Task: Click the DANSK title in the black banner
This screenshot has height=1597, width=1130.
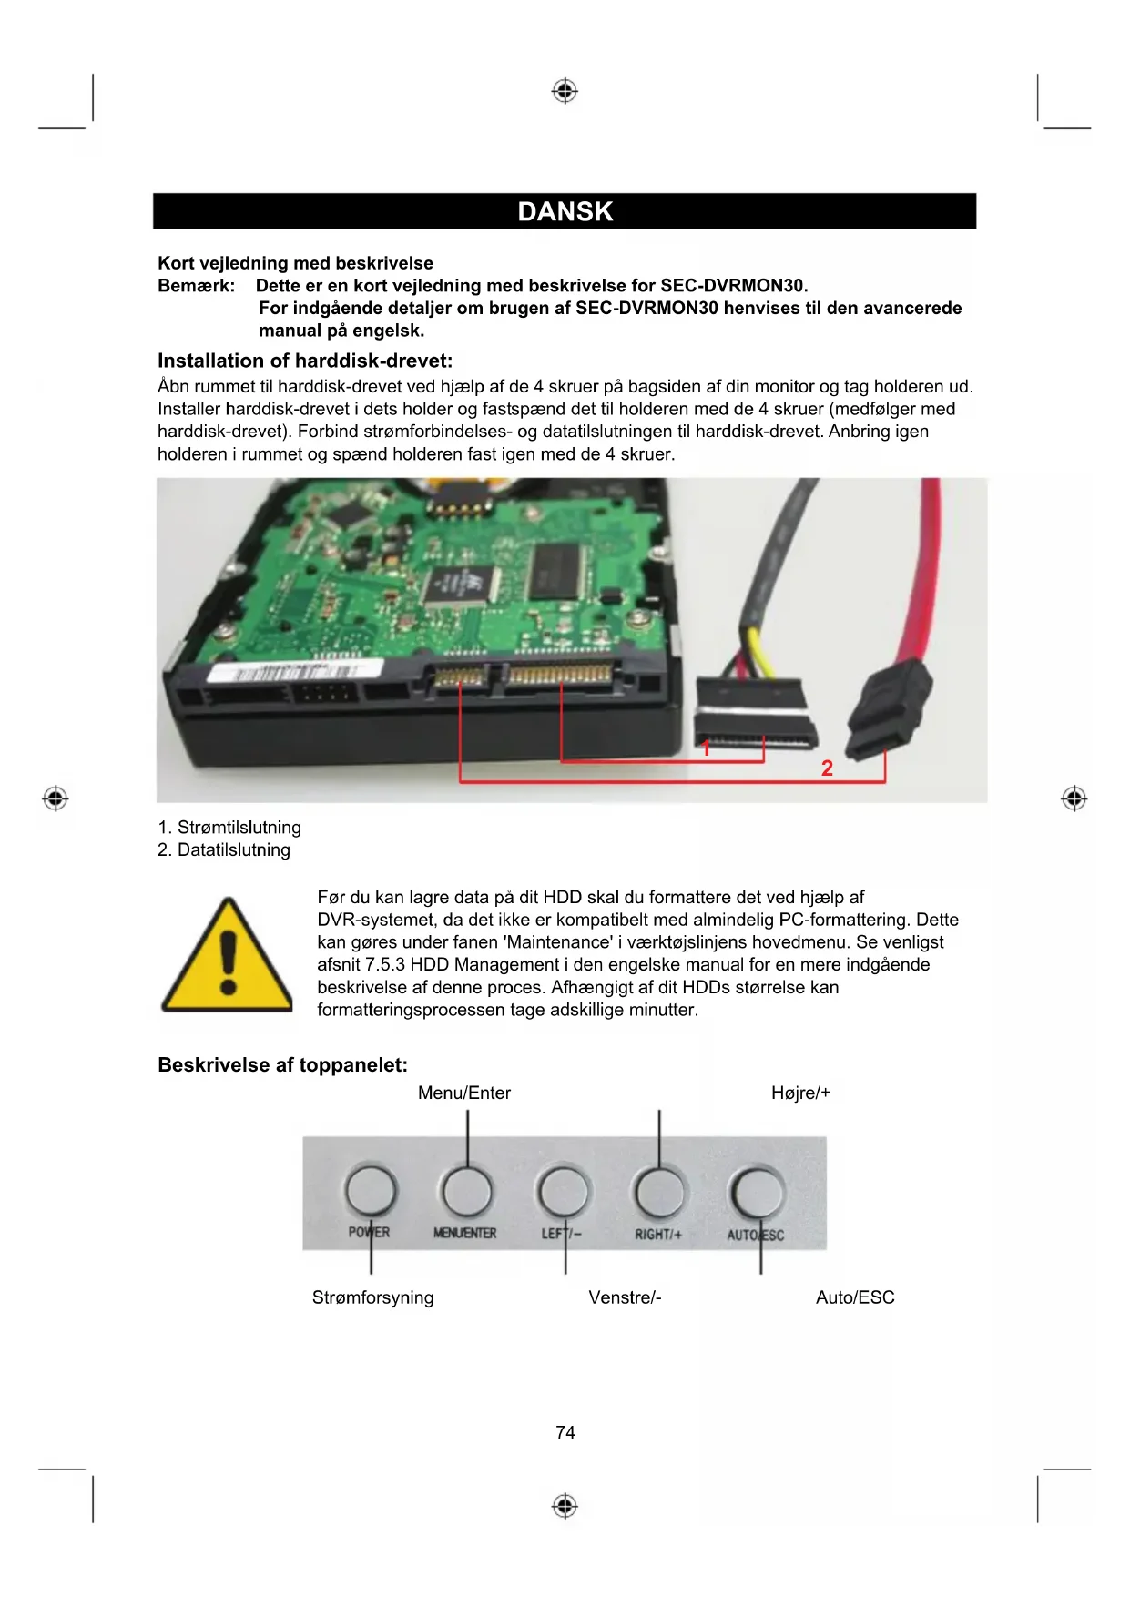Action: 565,211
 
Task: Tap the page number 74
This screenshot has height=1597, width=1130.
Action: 565,1432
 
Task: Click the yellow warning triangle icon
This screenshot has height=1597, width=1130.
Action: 227,958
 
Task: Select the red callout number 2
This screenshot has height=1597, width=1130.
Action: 827,768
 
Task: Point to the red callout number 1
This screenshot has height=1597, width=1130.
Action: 706,749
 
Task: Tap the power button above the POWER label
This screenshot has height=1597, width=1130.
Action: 371,1191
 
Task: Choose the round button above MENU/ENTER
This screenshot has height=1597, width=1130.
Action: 466,1191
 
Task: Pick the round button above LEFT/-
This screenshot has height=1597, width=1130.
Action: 564,1191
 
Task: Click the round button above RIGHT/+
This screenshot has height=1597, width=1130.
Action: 660,1191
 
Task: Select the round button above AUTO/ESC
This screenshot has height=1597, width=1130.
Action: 757,1191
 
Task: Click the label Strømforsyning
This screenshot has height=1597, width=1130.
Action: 372,1297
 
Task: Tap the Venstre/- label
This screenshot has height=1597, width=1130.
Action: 625,1297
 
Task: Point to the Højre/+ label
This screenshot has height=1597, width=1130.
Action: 800,1093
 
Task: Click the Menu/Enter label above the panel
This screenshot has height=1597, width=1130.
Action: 464,1093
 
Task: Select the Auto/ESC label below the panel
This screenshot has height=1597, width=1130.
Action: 855,1297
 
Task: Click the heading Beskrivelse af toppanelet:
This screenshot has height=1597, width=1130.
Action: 282,1065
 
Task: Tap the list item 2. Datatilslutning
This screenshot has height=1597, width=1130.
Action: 224,849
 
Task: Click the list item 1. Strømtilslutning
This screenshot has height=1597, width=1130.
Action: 229,828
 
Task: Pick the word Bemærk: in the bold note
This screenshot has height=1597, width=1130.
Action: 196,286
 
